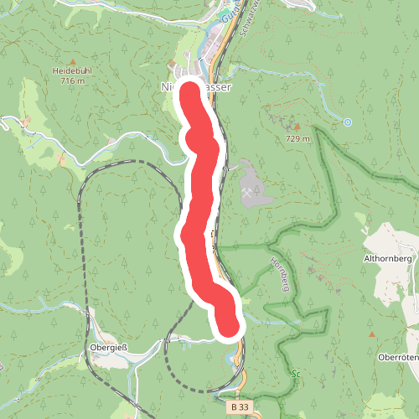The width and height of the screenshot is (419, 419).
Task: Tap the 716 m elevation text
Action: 74,81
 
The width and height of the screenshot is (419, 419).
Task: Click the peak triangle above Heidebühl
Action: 72,62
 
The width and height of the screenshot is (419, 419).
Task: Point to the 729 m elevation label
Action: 297,138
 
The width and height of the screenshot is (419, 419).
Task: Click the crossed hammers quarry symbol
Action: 248,193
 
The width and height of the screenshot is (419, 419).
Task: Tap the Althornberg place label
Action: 386,259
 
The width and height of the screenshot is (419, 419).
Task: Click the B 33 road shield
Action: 240,406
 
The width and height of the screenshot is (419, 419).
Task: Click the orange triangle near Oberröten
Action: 372,334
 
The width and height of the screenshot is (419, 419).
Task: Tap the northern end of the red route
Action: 188,90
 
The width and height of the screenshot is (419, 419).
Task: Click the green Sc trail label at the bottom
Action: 295,374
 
